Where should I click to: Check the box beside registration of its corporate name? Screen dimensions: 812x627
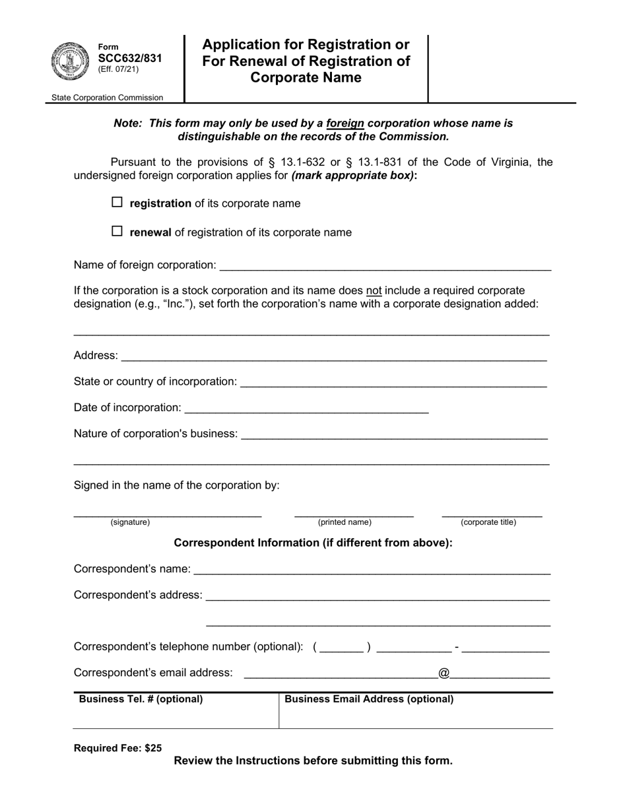117,203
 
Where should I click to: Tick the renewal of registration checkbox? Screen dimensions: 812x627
117,231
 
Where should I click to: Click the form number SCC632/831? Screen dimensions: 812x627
129,58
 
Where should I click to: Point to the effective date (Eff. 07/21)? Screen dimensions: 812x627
118,69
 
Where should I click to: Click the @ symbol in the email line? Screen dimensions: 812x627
444,673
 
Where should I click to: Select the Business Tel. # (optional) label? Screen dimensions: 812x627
141,699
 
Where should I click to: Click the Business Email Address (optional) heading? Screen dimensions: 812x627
369,699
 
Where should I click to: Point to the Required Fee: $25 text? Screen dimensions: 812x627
117,748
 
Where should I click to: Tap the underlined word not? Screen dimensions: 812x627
374,290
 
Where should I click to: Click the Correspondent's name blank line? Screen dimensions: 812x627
372,569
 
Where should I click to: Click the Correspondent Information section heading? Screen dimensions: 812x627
313,543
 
